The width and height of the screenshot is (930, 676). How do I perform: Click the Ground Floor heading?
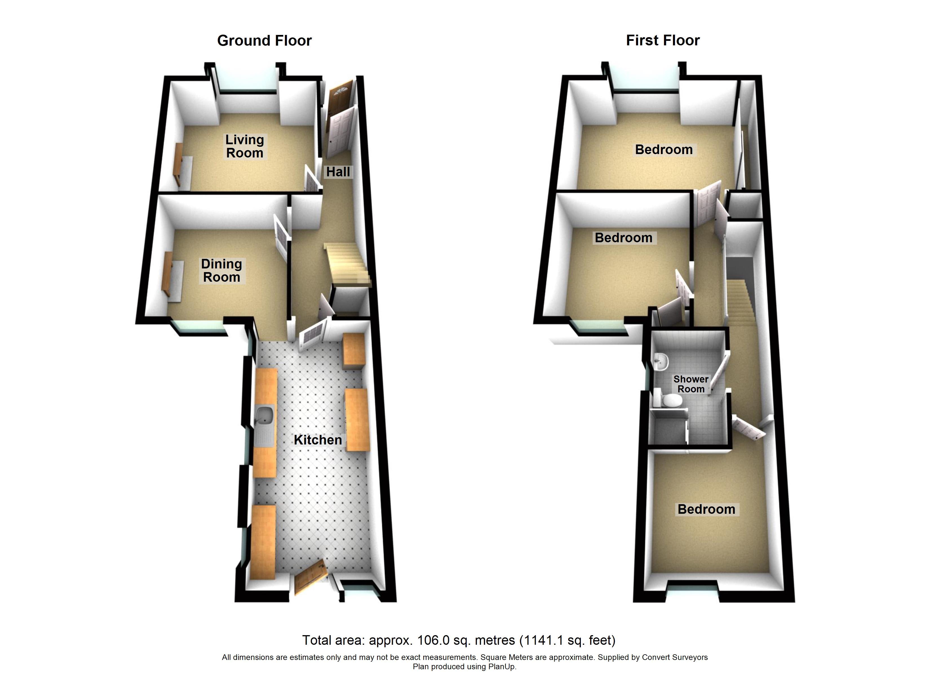[x=264, y=41]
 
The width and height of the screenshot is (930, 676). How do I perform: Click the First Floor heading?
[x=663, y=40]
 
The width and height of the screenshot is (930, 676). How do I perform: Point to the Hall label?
[x=338, y=172]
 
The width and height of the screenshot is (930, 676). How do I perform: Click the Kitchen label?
[x=318, y=440]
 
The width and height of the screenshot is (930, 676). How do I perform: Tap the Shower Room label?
[x=691, y=384]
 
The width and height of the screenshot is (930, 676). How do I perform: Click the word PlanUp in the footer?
[x=501, y=667]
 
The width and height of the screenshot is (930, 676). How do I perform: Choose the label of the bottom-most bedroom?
[x=707, y=509]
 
